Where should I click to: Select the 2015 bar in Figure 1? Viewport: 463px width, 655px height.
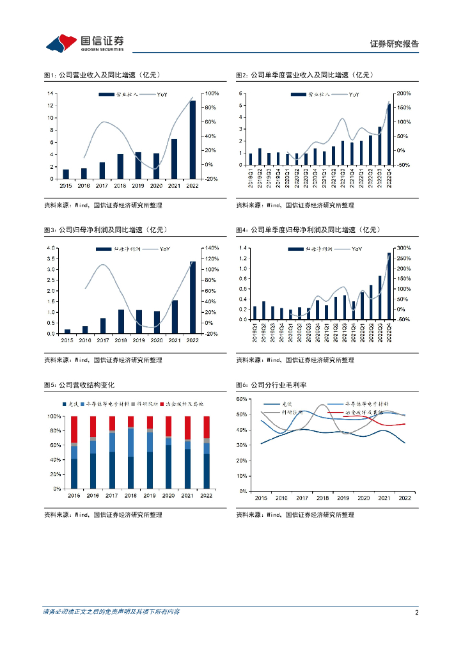coord(65,174)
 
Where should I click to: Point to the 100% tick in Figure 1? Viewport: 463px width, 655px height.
coord(209,93)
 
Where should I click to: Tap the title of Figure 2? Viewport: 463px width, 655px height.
coord(304,75)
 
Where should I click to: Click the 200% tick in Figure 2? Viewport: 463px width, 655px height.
coord(404,93)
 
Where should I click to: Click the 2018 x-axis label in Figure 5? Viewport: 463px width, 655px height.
coord(130,495)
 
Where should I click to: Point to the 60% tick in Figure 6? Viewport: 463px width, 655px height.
coord(242,399)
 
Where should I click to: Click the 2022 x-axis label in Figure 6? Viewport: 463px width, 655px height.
coord(405,498)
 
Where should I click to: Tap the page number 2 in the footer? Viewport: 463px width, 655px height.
coord(416,612)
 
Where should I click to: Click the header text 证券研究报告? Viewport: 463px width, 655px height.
coord(395,44)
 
